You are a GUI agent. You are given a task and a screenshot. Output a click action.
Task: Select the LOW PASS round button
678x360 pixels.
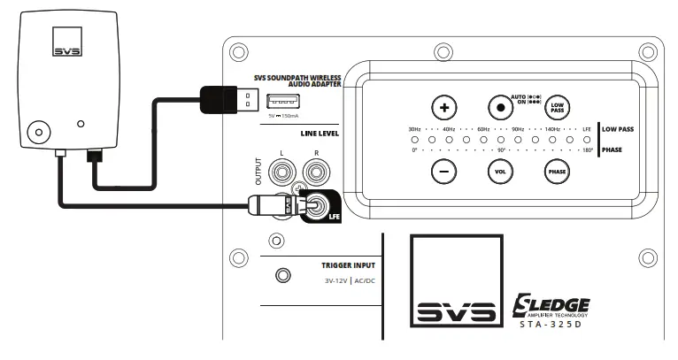click(557, 108)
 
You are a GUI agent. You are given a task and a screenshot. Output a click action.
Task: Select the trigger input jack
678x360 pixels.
click(282, 276)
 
